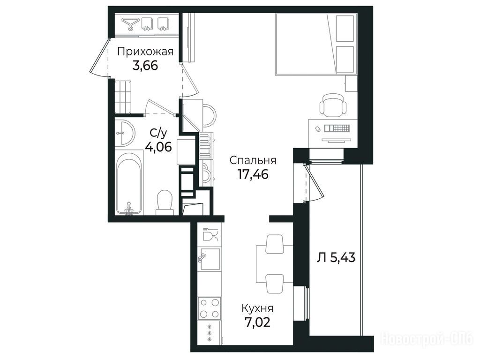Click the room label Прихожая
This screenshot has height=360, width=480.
(x=145, y=52)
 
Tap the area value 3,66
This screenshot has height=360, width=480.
(x=145, y=66)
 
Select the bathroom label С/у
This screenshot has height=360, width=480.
(x=158, y=134)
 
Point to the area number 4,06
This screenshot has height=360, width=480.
(x=158, y=147)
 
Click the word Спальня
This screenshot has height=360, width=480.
(x=253, y=160)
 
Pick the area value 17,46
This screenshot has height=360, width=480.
(x=253, y=174)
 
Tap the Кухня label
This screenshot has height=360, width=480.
(x=257, y=308)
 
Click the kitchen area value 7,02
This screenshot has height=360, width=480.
(x=257, y=322)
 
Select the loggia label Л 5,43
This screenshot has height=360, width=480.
(x=336, y=258)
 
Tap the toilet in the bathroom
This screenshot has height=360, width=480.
(x=165, y=202)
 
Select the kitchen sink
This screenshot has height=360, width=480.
(x=210, y=259)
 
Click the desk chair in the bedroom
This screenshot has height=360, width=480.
(x=333, y=105)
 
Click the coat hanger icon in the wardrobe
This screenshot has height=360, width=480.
(x=130, y=24)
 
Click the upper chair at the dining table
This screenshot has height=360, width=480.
(x=274, y=244)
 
